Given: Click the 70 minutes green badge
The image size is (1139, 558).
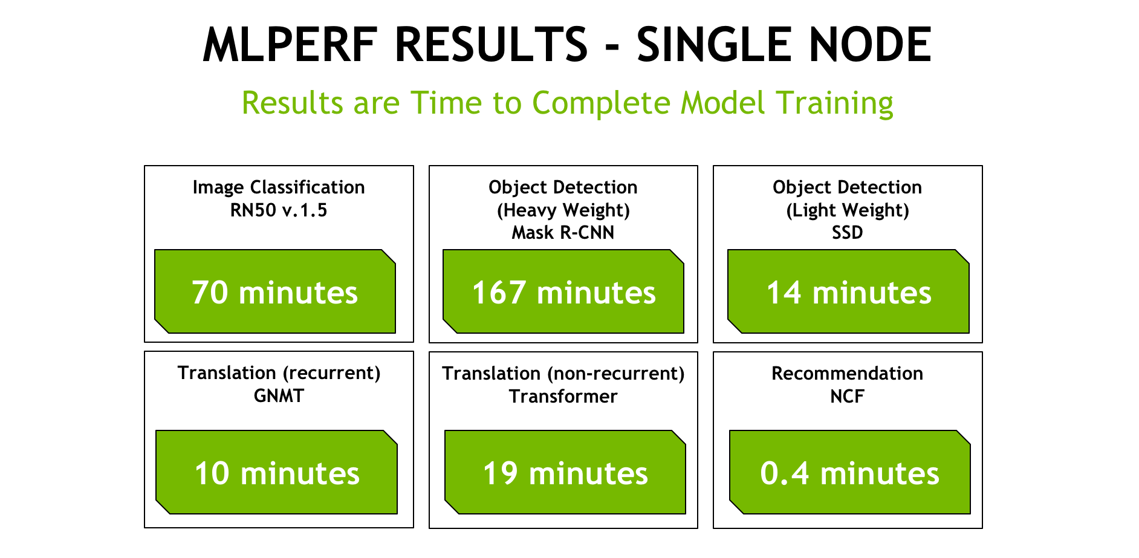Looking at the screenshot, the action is pyautogui.click(x=275, y=291).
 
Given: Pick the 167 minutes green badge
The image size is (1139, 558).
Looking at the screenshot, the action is pyautogui.click(x=563, y=291).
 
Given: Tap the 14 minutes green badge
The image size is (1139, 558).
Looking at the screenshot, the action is pyautogui.click(x=848, y=291).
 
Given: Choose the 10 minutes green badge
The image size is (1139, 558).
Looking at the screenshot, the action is pyautogui.click(x=276, y=472).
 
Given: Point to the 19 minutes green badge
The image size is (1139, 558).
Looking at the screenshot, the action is pyautogui.click(x=565, y=472).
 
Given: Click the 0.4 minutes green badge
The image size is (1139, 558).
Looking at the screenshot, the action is pyautogui.click(x=850, y=472).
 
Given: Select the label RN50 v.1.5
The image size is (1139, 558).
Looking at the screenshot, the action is pyautogui.click(x=279, y=210).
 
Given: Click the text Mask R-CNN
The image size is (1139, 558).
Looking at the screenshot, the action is pyautogui.click(x=563, y=233).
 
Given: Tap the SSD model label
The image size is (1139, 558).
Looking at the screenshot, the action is pyautogui.click(x=848, y=233).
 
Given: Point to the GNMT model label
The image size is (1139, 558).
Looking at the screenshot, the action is pyautogui.click(x=279, y=396).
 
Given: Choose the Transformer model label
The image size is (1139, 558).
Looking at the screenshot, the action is pyautogui.click(x=563, y=397).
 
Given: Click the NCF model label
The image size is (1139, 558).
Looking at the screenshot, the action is pyautogui.click(x=848, y=397).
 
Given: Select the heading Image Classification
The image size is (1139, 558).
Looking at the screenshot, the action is pyautogui.click(x=279, y=188).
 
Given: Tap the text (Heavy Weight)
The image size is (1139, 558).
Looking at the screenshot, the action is pyautogui.click(x=563, y=211).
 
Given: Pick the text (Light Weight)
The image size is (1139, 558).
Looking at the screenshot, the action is pyautogui.click(x=848, y=211).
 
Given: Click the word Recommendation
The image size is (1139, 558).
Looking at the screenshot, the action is pyautogui.click(x=848, y=374).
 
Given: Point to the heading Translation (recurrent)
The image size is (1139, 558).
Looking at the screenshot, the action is pyautogui.click(x=279, y=373).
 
